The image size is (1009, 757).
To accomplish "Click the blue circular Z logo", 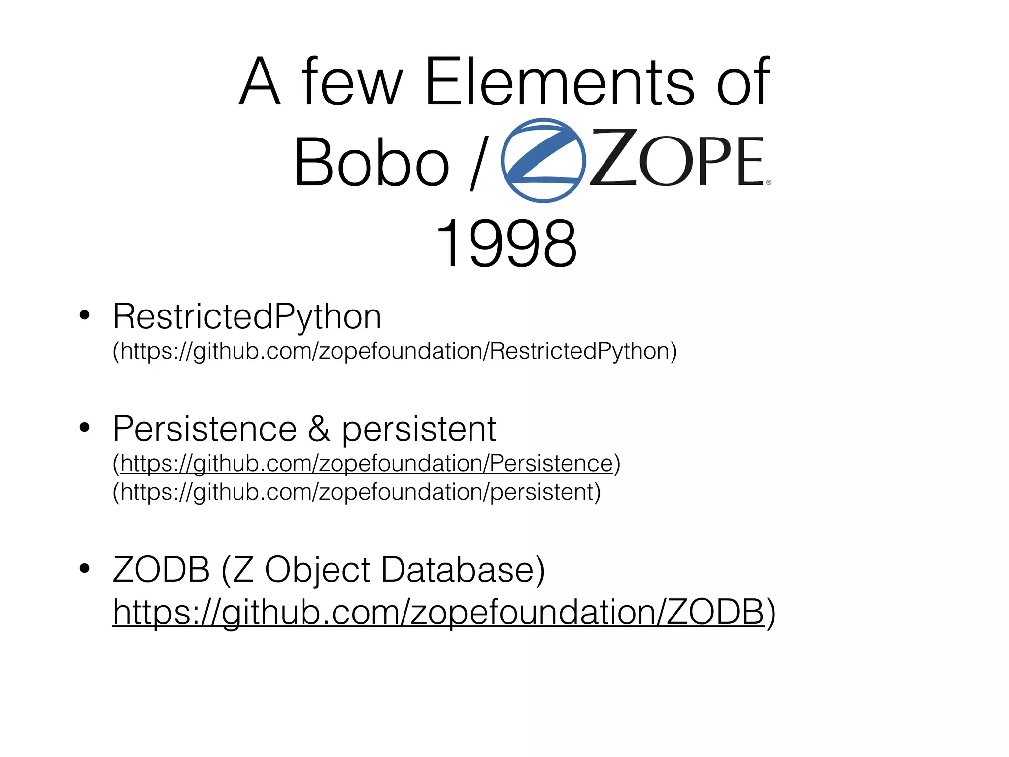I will click(543, 160).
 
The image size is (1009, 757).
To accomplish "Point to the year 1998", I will click(506, 244).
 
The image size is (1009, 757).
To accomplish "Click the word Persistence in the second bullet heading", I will click(205, 429).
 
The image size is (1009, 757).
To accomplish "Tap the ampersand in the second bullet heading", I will click(319, 429).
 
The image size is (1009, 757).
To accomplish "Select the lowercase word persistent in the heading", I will click(419, 430).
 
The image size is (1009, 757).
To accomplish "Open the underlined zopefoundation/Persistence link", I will click(367, 464).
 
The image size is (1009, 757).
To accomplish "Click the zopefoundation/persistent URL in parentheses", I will click(357, 492).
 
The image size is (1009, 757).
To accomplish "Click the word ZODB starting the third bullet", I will click(162, 570).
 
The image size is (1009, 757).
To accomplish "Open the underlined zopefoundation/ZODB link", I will click(438, 612).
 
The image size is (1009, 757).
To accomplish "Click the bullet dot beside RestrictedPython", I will click(85, 315).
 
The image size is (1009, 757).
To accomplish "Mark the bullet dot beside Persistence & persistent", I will click(85, 428).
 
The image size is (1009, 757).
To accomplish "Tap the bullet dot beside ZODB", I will click(85, 568).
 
